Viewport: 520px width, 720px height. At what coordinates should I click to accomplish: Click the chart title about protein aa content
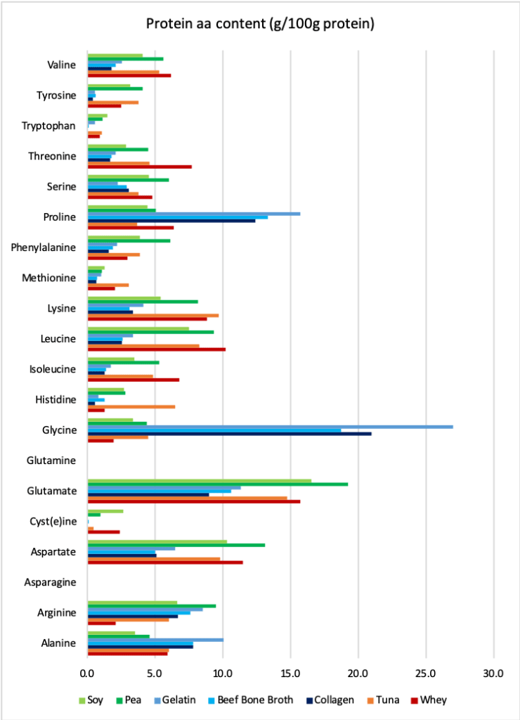click(260, 24)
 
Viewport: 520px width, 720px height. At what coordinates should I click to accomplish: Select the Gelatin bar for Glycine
click(270, 427)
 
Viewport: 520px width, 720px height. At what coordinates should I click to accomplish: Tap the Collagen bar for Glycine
click(229, 434)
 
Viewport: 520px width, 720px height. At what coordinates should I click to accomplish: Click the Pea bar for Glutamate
click(217, 484)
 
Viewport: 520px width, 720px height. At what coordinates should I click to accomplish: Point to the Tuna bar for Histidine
click(131, 406)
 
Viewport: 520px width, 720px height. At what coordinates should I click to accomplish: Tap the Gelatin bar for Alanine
click(155, 640)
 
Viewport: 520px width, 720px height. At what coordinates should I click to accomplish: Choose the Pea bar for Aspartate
click(176, 545)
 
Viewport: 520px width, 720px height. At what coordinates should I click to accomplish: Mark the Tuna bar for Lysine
click(152, 316)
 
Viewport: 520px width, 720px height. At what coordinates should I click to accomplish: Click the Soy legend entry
click(92, 700)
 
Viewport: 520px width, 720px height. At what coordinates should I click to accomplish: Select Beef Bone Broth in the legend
click(236, 700)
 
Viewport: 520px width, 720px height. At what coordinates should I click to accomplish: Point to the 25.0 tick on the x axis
click(426, 673)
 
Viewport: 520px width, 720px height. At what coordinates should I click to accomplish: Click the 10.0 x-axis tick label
click(223, 673)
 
